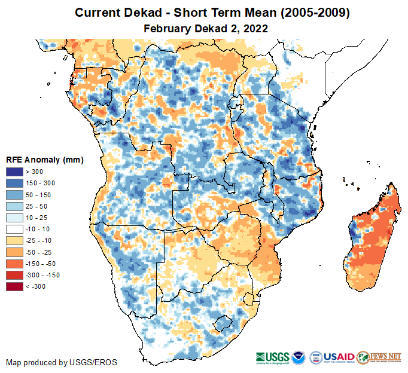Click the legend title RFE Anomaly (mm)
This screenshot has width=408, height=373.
pyautogui.click(x=44, y=160)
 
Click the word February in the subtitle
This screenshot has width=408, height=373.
pyautogui.click(x=166, y=29)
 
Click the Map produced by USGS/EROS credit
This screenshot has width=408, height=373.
pyautogui.click(x=62, y=362)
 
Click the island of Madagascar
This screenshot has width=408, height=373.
pyautogui.click(x=374, y=239)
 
